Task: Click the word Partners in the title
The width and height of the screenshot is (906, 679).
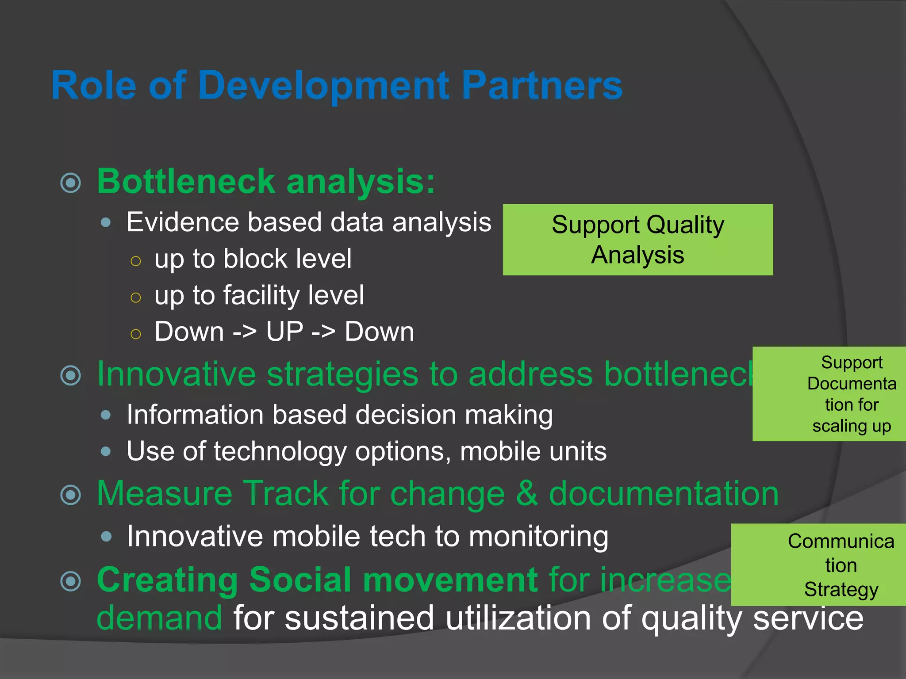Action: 541,85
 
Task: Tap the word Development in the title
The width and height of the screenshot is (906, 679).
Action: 323,85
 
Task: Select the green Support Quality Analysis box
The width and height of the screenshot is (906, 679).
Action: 637,240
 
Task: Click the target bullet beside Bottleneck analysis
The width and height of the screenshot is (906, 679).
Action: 71,183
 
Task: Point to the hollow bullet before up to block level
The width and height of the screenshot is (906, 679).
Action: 136,261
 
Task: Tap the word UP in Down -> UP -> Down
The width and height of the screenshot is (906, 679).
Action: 284,332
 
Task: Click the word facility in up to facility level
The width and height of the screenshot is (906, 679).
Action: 261,295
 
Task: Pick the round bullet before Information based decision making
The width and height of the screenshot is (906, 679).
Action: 106,415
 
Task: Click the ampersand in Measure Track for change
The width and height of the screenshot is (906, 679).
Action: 526,494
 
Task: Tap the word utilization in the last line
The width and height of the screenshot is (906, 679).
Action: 518,618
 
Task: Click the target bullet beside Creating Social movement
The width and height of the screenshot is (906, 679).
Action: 71,581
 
